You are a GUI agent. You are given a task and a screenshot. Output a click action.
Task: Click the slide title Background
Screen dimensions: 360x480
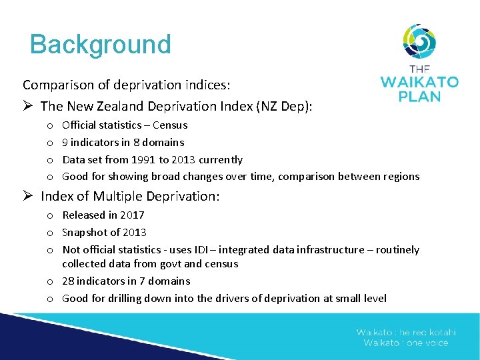point(101,45)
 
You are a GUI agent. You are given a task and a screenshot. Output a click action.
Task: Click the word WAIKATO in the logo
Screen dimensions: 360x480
point(419,83)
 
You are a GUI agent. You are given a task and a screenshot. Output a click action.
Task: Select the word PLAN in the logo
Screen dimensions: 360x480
point(419,97)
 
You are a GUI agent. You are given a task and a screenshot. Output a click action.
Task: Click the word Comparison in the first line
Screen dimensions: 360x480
point(55,85)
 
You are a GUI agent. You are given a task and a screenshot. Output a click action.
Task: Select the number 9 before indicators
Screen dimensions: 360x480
point(65,143)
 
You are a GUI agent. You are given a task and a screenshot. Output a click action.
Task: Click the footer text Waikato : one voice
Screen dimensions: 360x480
point(405,343)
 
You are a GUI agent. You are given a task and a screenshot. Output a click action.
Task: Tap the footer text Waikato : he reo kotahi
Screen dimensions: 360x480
point(405,332)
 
